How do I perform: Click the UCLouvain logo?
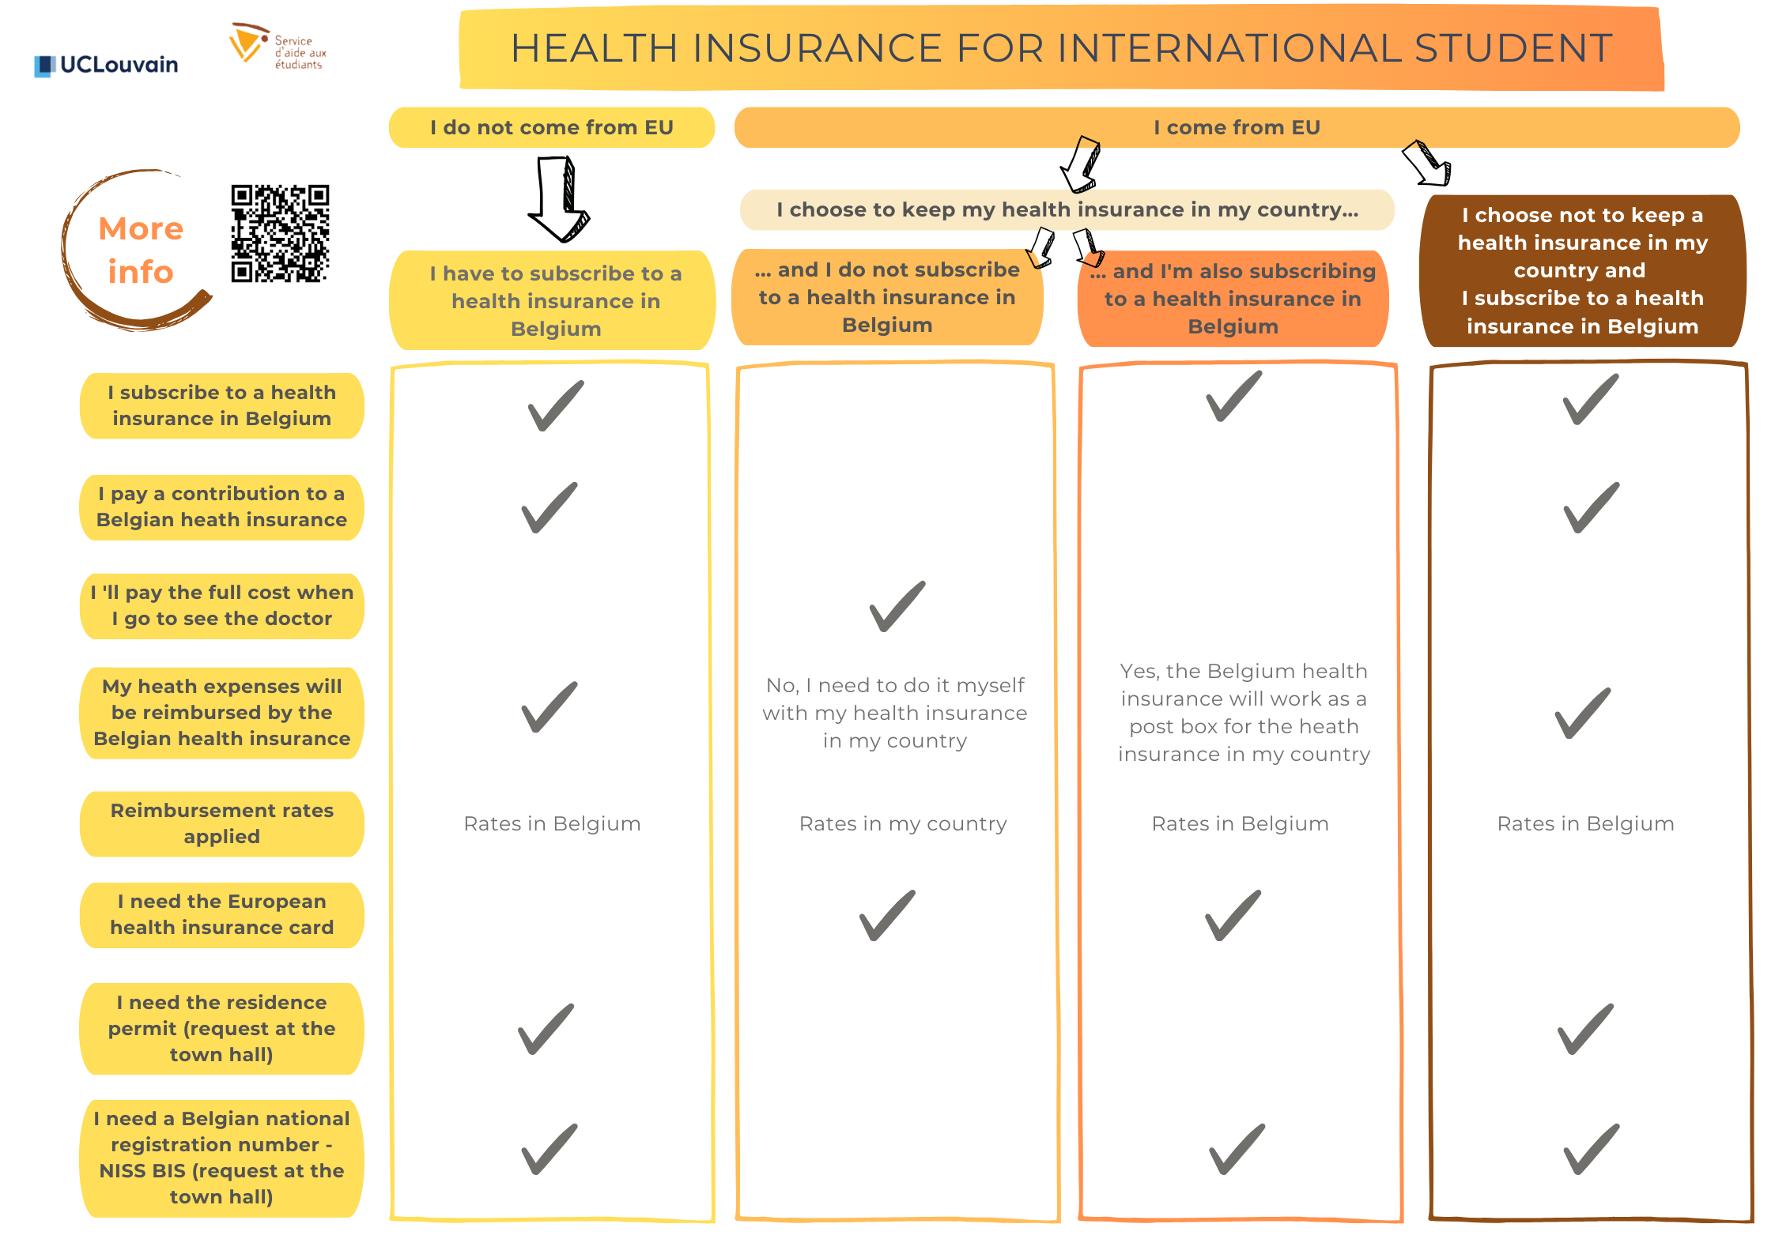click(107, 65)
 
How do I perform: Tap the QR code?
click(280, 234)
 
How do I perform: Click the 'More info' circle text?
click(141, 250)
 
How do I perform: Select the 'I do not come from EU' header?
click(552, 127)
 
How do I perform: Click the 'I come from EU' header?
click(1237, 127)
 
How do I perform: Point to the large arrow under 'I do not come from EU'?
click(560, 198)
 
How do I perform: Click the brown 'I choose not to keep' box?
click(1583, 270)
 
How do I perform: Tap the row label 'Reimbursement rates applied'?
click(222, 823)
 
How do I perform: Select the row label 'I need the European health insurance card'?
click(222, 914)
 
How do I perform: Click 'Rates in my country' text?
click(903, 823)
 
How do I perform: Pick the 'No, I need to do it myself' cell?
click(895, 713)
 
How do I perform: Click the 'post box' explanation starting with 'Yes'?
click(1244, 712)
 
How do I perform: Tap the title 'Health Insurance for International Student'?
click(1061, 48)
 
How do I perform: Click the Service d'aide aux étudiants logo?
click(277, 46)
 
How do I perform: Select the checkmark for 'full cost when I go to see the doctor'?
click(897, 606)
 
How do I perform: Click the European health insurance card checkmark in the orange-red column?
click(1233, 915)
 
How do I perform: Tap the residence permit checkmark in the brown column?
click(1585, 1029)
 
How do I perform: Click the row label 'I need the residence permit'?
click(222, 1028)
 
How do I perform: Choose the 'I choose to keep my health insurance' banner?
click(1067, 209)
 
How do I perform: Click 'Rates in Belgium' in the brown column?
click(1586, 823)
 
